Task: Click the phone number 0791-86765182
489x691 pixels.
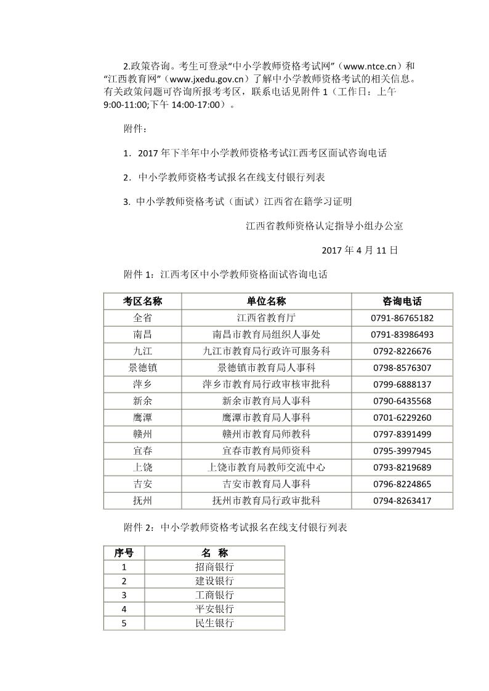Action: [x=402, y=318]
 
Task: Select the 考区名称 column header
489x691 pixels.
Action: [x=142, y=301]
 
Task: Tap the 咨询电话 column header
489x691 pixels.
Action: [x=402, y=301]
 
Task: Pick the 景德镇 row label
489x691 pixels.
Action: [x=142, y=368]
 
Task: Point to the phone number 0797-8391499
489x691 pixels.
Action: [x=402, y=434]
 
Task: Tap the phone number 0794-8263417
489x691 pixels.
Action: [x=402, y=501]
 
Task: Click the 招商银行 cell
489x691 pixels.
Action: [x=214, y=567]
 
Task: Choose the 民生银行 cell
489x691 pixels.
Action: [x=214, y=623]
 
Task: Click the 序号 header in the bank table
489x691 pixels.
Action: [x=124, y=553]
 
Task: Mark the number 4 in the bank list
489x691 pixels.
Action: [x=124, y=609]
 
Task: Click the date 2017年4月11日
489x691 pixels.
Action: [x=360, y=250]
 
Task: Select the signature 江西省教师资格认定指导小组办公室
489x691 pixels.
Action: [x=324, y=226]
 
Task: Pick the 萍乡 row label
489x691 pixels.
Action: [x=142, y=385]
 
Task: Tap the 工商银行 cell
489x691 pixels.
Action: [x=214, y=595]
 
